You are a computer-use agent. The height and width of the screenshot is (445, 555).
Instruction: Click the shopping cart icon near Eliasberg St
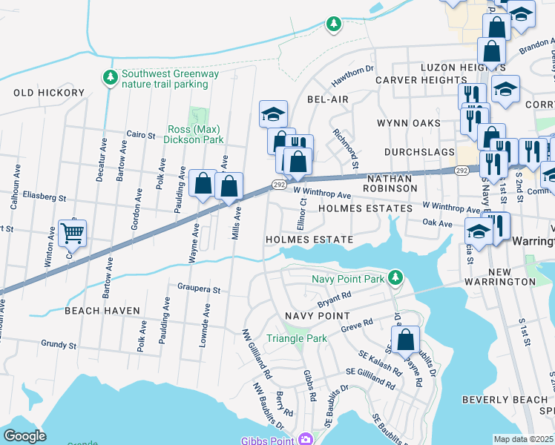pos(72,233)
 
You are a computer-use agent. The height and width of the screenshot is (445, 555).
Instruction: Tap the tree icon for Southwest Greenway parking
pos(111,77)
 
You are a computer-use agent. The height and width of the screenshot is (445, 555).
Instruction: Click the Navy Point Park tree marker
pos(396,278)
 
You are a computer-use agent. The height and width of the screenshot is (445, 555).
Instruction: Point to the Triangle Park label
pos(297,338)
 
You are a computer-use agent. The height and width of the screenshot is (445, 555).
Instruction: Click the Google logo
pos(24,435)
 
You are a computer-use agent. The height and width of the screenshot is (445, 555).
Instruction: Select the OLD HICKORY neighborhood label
pos(49,93)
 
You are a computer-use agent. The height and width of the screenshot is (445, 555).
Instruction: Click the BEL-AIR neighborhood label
pos(327,99)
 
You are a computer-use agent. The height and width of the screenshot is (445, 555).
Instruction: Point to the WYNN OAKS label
pos(407,123)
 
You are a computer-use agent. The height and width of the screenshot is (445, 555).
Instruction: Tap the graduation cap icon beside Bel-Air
pos(273,114)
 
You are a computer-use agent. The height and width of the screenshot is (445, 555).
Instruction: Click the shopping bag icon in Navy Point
pos(405,340)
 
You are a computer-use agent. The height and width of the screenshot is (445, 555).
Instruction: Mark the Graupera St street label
pos(199,288)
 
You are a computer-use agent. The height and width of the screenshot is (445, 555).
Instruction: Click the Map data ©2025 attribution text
pos(524,439)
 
